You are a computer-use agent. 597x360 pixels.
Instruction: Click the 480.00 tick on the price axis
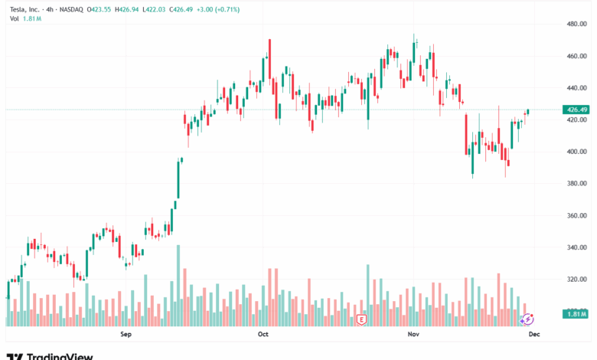[576, 24]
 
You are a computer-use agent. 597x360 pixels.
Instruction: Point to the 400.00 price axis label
[576, 152]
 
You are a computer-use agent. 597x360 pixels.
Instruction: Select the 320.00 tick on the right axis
[576, 280]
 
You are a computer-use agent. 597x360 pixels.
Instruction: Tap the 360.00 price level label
[576, 216]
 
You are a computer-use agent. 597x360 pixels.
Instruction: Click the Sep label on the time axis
[126, 335]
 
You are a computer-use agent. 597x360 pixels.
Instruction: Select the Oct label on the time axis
[263, 335]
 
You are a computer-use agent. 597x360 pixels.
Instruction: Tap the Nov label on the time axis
[414, 335]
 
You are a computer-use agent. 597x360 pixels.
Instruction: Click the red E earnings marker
[362, 317]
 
